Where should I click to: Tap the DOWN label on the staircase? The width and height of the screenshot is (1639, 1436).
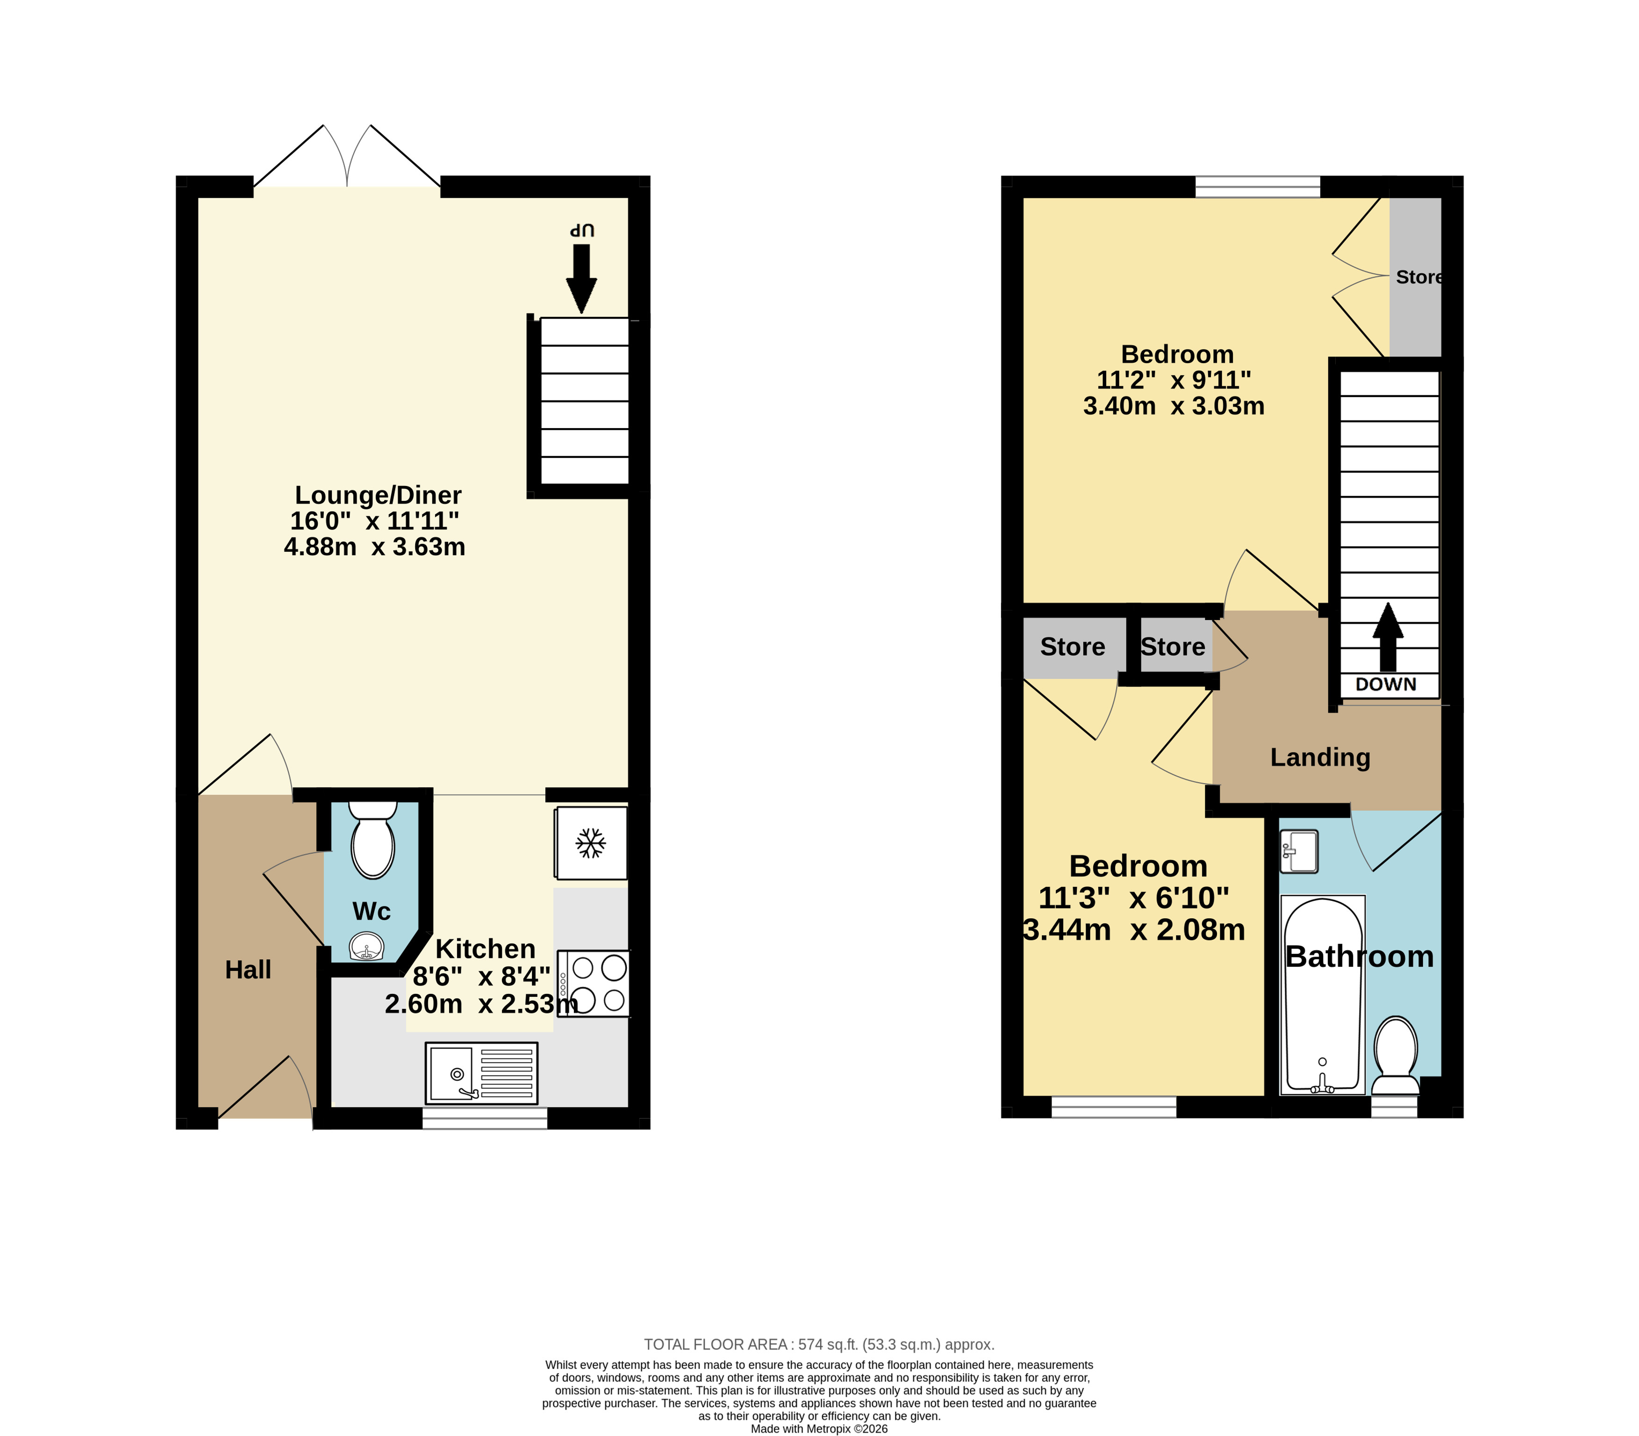tap(1386, 684)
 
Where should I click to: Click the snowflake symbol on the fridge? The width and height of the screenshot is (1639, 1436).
tap(591, 843)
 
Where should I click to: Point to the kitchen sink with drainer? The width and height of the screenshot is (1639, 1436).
tap(481, 1073)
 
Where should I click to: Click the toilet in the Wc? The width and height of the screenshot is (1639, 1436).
tap(372, 840)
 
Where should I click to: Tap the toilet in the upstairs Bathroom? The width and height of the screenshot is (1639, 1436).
tap(1396, 1055)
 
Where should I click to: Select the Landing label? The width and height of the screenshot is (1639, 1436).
tap(1320, 757)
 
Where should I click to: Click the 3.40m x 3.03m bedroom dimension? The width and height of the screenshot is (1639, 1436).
tap(1174, 406)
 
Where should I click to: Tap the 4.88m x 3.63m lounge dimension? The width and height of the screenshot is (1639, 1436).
tap(374, 547)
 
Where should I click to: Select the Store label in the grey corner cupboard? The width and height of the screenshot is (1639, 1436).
tap(1418, 277)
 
